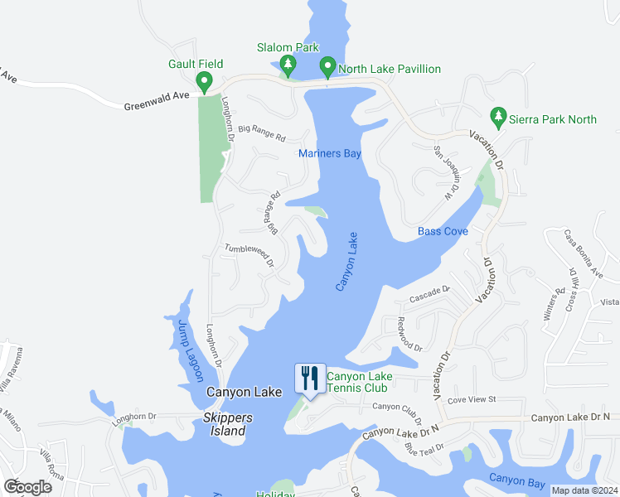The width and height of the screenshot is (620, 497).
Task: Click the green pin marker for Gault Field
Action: [x=204, y=81]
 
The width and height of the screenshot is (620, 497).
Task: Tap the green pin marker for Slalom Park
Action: [x=288, y=65]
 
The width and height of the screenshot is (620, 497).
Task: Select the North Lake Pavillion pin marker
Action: [x=327, y=66]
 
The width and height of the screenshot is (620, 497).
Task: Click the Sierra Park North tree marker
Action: [x=498, y=118]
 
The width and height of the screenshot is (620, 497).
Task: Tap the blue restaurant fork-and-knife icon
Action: [x=309, y=379]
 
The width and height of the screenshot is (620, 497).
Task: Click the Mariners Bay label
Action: [x=330, y=154]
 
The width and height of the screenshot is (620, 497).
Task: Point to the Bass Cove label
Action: [x=443, y=231]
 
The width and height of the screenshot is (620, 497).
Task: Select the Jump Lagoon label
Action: [x=190, y=350]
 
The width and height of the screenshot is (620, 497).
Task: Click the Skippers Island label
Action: [x=225, y=425]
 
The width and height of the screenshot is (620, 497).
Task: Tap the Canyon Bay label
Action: [x=517, y=479]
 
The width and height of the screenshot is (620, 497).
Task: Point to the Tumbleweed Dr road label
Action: [x=250, y=254]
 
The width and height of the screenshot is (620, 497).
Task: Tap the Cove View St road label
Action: [x=471, y=399]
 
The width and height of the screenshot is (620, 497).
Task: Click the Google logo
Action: [x=27, y=486]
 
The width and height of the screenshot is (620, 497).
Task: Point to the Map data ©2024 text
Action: [x=584, y=490]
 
